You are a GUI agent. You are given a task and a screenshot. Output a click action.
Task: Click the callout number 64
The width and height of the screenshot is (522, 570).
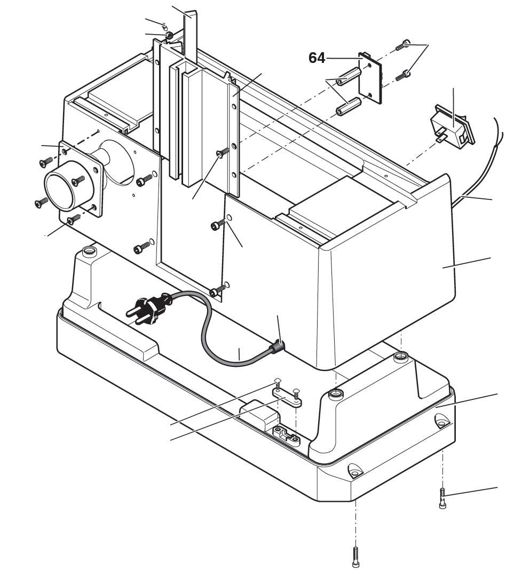pyautogui.click(x=317, y=58)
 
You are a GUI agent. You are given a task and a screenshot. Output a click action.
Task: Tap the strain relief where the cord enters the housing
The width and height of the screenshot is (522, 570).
pyautogui.click(x=277, y=348)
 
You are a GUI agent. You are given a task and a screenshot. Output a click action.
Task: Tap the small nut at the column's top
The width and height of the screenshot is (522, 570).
pyautogui.click(x=168, y=36)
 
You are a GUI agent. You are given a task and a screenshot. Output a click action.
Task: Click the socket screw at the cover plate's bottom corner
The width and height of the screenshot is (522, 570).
pyautogui.click(x=216, y=292)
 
